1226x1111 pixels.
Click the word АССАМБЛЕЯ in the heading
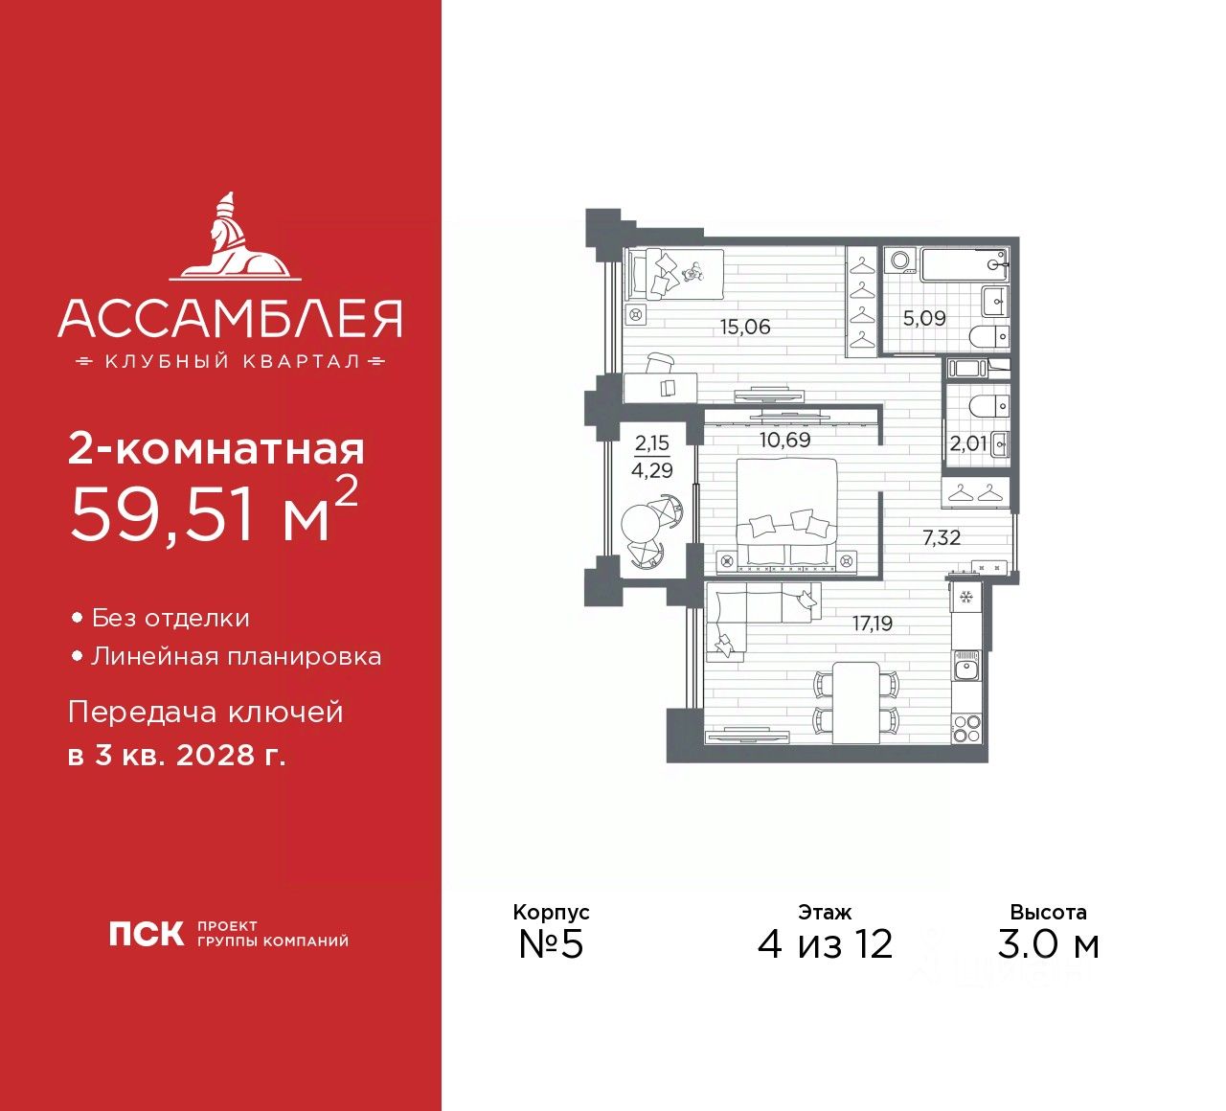(230, 319)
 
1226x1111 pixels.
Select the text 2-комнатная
(216, 449)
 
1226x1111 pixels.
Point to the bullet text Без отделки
(170, 619)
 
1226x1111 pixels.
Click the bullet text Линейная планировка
(236, 657)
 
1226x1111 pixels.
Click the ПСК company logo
(146, 934)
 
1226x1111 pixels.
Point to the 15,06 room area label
(745, 327)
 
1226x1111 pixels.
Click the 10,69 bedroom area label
(784, 440)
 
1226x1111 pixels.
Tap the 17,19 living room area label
(873, 624)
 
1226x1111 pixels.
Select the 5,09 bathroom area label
(924, 318)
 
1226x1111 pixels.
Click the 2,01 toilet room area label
(967, 443)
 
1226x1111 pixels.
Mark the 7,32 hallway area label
(941, 538)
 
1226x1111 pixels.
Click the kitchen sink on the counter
(966, 666)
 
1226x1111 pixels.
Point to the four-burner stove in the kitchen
(966, 728)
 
